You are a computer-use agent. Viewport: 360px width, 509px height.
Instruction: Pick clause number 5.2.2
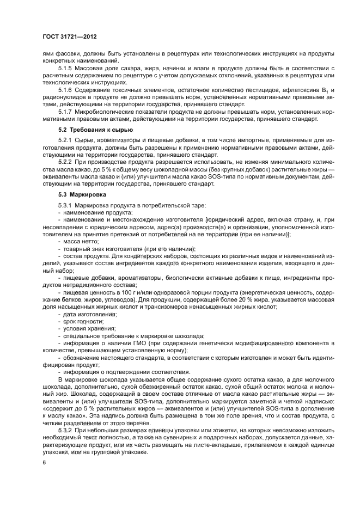(x=67, y=162)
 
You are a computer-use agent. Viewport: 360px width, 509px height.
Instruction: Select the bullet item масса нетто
(x=81, y=240)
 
